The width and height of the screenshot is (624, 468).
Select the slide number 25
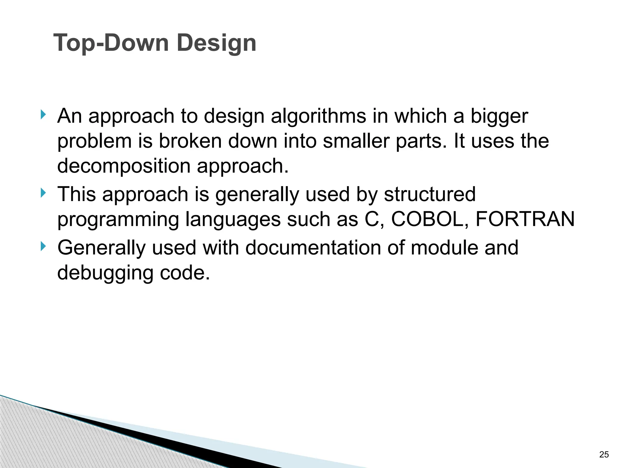click(x=604, y=455)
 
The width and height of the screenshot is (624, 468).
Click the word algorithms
click(x=318, y=116)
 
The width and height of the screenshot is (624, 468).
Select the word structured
click(x=430, y=194)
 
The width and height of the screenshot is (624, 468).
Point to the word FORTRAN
click(x=525, y=219)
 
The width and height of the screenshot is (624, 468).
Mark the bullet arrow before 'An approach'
click(x=43, y=115)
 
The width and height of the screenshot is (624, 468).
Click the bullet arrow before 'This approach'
click(x=43, y=193)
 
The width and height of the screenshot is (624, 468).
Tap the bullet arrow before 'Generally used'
click(x=43, y=246)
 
